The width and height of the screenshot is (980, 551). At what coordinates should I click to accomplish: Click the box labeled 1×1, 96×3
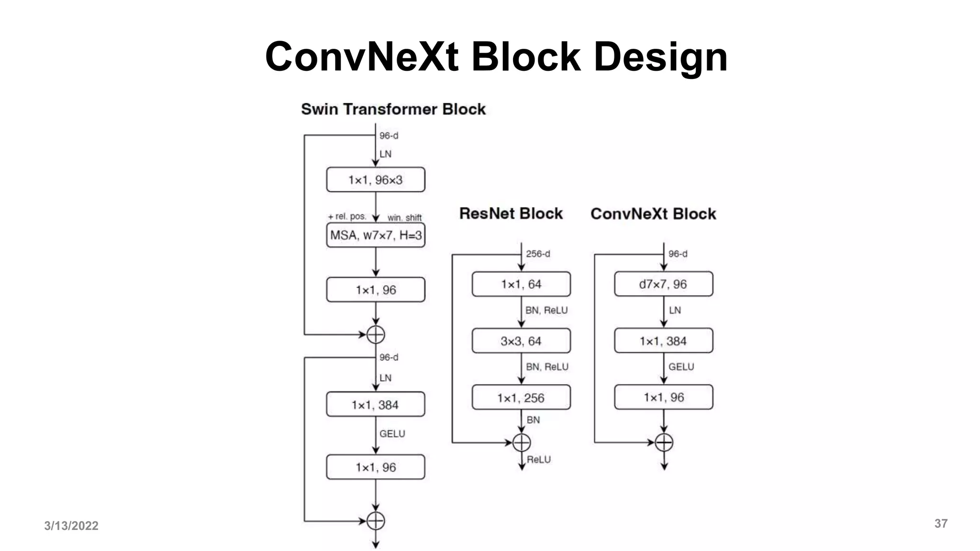[376, 180]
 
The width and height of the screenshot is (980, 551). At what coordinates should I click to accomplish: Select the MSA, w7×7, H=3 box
[376, 235]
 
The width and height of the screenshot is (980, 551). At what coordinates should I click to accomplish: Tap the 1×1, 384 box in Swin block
[376, 405]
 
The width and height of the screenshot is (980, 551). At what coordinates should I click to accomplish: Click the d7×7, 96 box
[663, 284]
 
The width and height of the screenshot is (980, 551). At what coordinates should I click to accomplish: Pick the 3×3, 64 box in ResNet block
[521, 341]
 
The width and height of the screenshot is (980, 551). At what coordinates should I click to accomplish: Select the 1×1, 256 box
[521, 397]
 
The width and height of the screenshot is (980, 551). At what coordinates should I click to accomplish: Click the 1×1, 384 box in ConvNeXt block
[663, 341]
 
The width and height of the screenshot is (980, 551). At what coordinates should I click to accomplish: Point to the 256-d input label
[538, 254]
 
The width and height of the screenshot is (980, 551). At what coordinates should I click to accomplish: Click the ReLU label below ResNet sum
[539, 460]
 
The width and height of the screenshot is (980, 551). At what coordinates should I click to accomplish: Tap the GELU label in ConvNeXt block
[681, 367]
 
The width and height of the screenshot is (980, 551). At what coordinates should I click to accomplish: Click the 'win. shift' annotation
[404, 218]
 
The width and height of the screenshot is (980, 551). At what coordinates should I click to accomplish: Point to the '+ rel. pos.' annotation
[347, 217]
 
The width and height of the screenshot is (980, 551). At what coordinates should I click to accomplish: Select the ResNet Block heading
[511, 213]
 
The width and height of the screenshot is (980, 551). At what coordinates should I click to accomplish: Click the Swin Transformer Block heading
[393, 109]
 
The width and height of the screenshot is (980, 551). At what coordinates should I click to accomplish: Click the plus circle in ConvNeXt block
[664, 442]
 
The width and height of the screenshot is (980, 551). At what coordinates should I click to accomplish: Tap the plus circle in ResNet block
[522, 442]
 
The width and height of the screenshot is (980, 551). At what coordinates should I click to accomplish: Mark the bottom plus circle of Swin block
[376, 521]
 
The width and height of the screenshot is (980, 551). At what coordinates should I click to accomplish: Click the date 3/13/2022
[71, 526]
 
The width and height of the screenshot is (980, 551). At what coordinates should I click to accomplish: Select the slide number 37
[941, 524]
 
